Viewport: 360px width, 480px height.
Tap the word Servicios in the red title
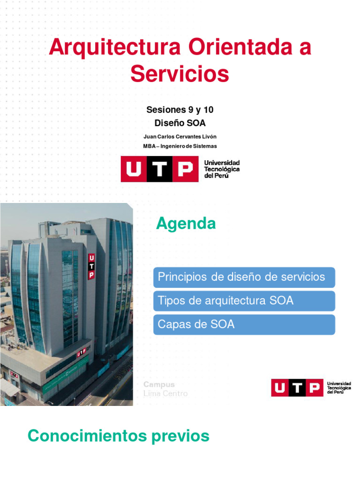(180, 74)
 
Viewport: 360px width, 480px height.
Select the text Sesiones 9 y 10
(180, 110)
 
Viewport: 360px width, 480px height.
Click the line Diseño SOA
(180, 123)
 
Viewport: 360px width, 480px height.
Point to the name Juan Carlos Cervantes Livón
(180, 136)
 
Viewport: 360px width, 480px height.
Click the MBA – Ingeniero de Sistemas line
(180, 146)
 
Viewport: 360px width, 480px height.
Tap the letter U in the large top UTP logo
(134, 169)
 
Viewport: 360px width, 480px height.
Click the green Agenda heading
(186, 224)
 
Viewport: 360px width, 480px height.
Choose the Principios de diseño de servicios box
(244, 277)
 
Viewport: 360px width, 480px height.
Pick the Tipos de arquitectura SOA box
(244, 300)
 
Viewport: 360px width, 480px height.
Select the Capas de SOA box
(244, 324)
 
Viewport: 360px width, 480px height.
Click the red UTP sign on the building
(91, 266)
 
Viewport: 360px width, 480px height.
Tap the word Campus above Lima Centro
(159, 384)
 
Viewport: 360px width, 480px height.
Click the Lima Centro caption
(165, 394)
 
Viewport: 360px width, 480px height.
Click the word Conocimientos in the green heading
(87, 436)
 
